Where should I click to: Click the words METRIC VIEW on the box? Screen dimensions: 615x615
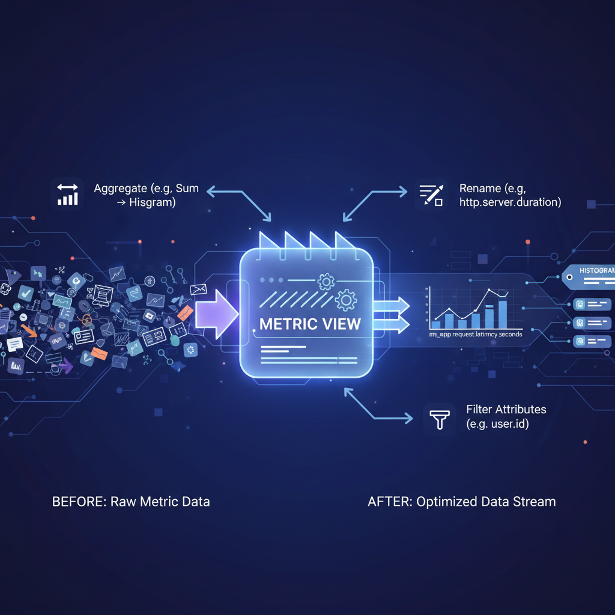point(310,324)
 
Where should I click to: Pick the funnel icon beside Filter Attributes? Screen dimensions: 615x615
point(440,419)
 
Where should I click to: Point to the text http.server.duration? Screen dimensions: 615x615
point(510,202)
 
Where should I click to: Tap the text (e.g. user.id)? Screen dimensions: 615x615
point(498,425)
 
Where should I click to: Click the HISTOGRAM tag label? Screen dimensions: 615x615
point(596,271)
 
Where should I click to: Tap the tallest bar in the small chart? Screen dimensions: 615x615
point(503,314)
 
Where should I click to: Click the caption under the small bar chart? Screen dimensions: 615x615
point(475,334)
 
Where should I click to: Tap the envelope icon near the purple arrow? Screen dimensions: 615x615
point(198,291)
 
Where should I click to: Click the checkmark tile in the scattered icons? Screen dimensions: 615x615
point(26,293)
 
